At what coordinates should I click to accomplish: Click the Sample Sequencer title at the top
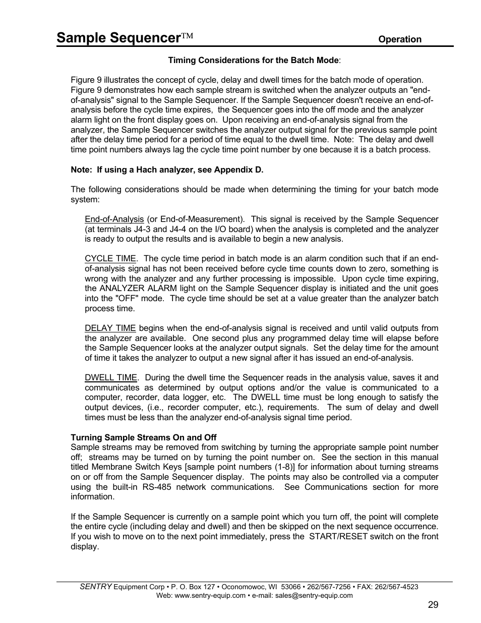(x=118, y=37)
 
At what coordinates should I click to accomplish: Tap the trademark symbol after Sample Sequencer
(x=187, y=36)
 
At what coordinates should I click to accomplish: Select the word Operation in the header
(x=400, y=39)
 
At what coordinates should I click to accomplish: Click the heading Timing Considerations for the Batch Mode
(x=254, y=60)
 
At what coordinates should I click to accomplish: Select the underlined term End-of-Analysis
(x=114, y=219)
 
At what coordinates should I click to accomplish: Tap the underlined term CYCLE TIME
(x=110, y=258)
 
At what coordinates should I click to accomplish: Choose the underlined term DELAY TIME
(x=110, y=328)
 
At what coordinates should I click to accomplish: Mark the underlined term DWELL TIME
(x=110, y=377)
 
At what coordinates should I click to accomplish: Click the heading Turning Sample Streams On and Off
(x=144, y=437)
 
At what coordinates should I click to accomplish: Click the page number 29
(x=433, y=605)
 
